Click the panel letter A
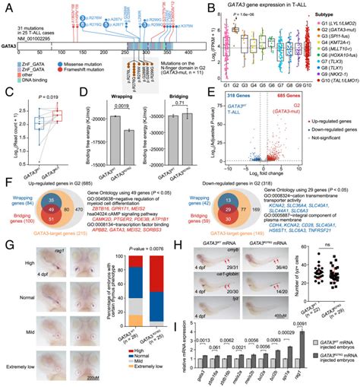click(5, 6)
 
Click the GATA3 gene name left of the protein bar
click(13, 46)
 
